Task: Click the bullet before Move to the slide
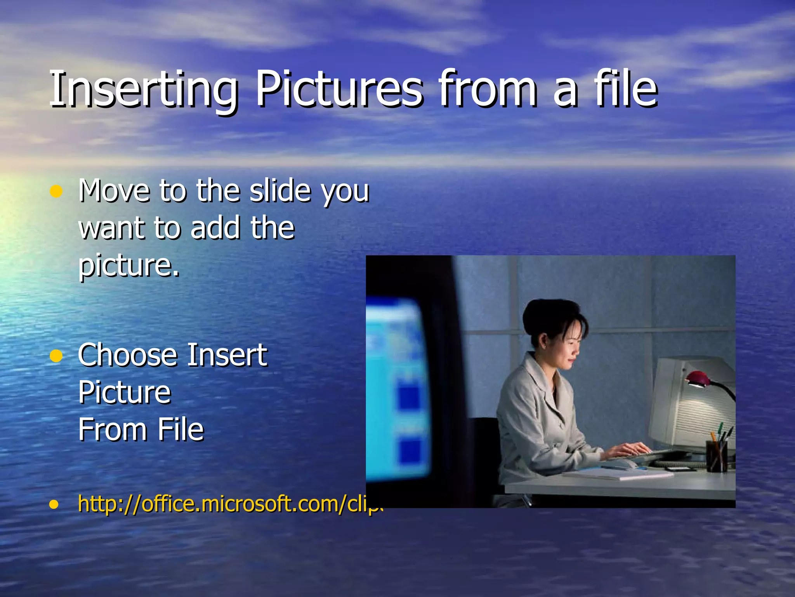(x=56, y=192)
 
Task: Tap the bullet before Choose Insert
(x=56, y=356)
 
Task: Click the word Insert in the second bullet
(x=227, y=355)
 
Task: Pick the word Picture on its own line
(x=125, y=393)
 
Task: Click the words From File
(x=141, y=430)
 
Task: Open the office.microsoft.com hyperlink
(x=229, y=504)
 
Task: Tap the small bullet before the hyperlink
(x=54, y=504)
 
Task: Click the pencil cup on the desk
(x=717, y=455)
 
